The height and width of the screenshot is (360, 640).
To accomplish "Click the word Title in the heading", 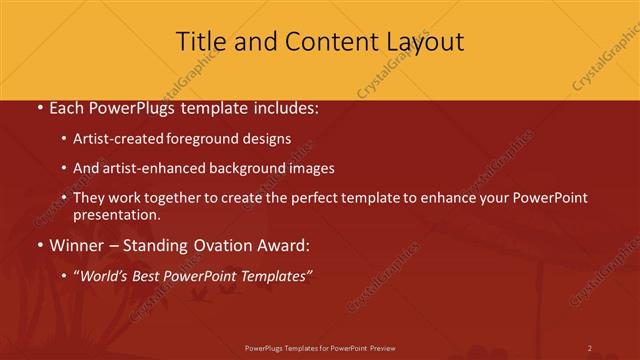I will pos(198,42).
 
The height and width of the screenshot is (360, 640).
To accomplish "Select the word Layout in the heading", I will pos(420,42).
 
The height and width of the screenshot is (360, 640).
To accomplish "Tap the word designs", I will pos(267,139).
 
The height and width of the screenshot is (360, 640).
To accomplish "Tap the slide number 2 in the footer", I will pos(590,348).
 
